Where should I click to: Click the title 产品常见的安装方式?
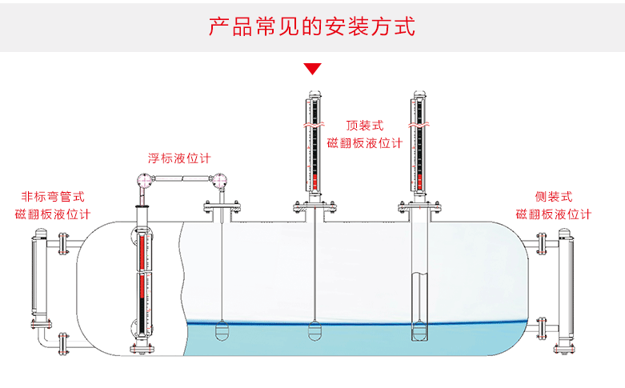point(312,26)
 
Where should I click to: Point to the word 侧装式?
point(554,196)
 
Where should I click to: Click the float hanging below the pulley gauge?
point(222,329)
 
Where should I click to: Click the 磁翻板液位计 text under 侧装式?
point(554,214)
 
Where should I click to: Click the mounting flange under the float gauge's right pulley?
point(222,212)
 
